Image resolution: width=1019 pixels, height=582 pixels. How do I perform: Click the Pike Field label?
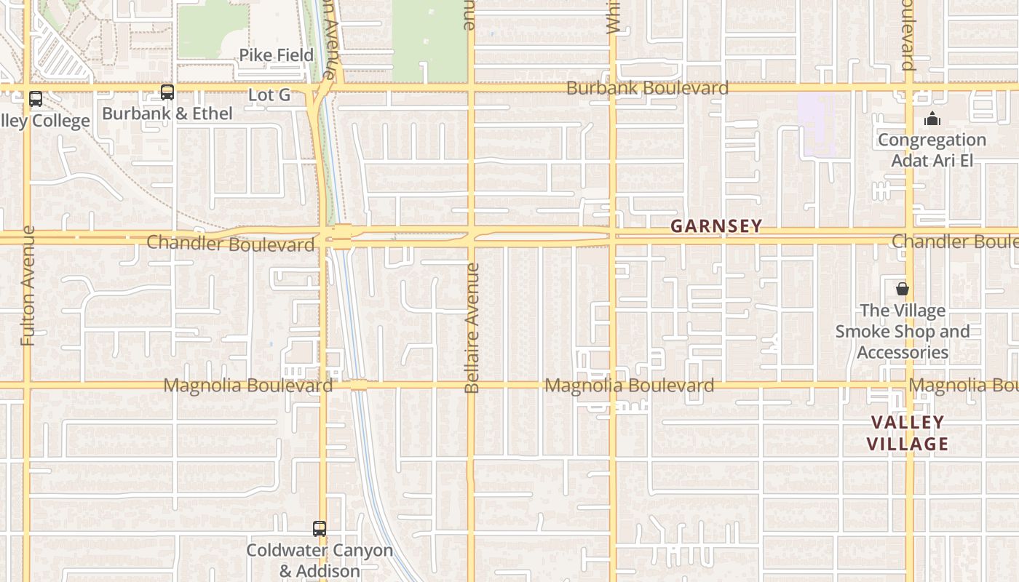(277, 55)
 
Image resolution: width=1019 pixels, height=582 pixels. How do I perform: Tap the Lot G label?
(269, 95)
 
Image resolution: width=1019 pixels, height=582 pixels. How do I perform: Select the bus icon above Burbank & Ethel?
(167, 92)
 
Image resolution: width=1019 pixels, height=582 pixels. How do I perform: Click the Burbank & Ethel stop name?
(167, 113)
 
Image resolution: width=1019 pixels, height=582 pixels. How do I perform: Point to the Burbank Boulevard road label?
(647, 88)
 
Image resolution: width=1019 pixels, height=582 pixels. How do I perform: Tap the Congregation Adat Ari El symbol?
(932, 119)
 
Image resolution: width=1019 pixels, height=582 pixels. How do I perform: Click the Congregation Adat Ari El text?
(932, 150)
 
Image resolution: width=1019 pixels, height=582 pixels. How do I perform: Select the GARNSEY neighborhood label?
(716, 226)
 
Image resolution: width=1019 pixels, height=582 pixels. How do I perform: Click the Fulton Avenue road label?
(28, 285)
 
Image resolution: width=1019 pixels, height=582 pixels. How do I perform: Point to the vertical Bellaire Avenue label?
(472, 328)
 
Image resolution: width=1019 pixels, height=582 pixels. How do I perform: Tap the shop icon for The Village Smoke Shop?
(903, 289)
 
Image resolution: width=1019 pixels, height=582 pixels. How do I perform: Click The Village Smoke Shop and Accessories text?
(903, 332)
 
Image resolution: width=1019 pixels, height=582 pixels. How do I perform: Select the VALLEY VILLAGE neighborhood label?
(908, 433)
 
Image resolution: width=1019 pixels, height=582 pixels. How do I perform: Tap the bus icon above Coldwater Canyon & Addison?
(320, 529)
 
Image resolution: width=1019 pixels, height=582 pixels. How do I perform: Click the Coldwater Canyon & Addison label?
(320, 560)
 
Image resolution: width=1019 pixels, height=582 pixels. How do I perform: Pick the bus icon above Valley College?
(35, 99)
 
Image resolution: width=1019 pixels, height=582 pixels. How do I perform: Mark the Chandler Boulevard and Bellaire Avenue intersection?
(472, 234)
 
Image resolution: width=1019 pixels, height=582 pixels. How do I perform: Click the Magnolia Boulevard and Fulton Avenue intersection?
(28, 385)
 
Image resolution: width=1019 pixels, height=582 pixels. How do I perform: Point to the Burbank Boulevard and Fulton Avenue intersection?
(28, 88)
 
